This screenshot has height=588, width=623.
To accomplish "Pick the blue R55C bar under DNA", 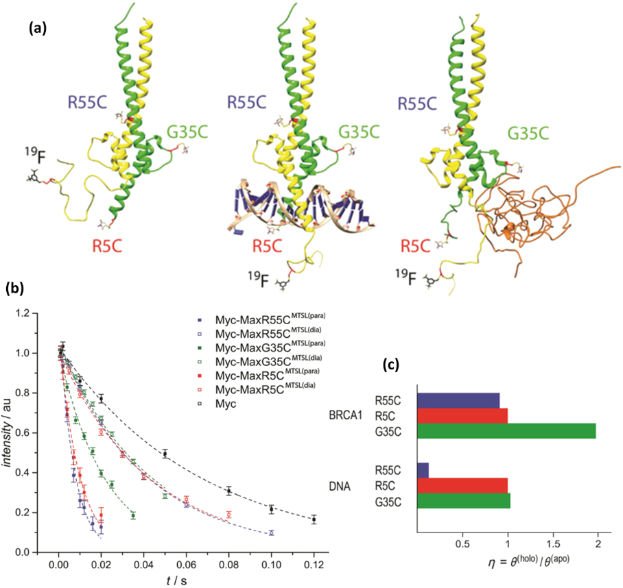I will point(423,471).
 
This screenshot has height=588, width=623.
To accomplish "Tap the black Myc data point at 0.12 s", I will point(314,519).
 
